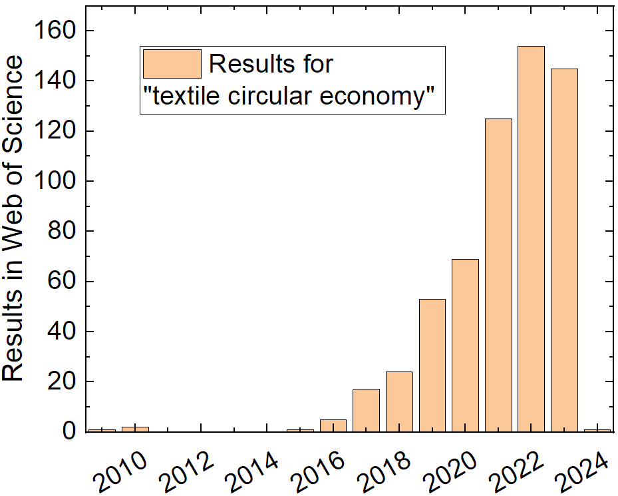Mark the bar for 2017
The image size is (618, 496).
(x=366, y=410)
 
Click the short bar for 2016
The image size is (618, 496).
(x=333, y=425)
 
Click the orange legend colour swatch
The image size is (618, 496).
(x=172, y=64)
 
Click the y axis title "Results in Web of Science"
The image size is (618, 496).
(x=13, y=218)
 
